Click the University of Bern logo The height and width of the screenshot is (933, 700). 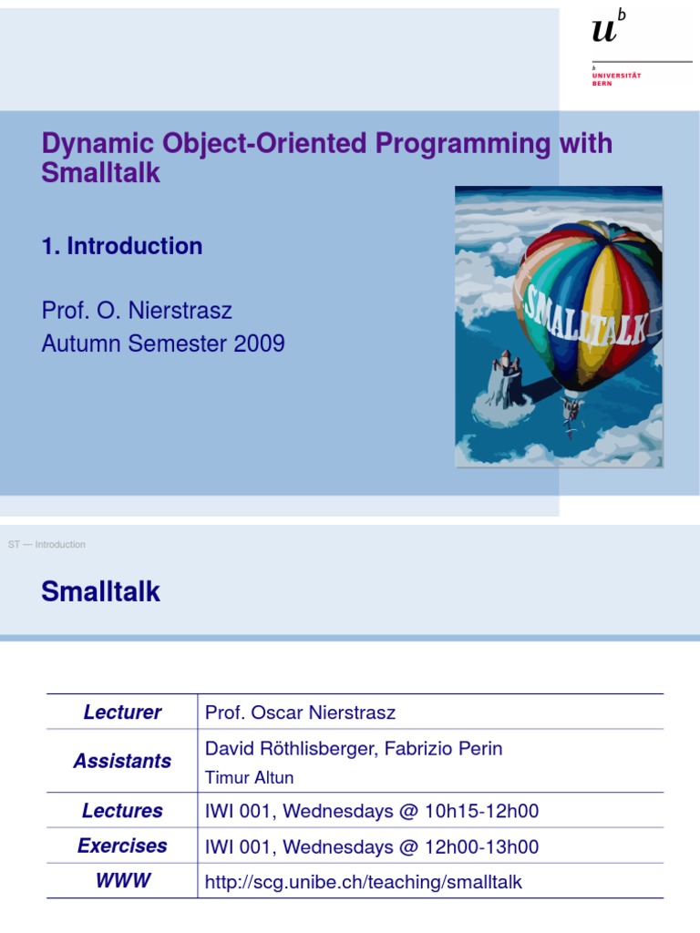coord(615,46)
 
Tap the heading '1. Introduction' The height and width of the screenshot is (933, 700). coord(122,246)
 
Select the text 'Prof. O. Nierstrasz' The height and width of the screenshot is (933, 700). coord(137,311)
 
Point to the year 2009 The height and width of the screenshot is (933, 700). coord(260,343)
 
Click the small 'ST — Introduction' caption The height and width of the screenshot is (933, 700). coord(46,545)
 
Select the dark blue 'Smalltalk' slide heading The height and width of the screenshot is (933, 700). coord(100,592)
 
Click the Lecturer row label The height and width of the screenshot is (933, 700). coord(122,713)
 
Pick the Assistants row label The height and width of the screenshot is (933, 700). coord(122,761)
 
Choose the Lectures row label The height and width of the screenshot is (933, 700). coord(122,811)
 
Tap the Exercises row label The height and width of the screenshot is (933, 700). coord(122,846)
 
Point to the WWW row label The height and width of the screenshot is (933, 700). coord(122,881)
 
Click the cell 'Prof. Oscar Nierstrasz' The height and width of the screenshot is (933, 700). coord(301,713)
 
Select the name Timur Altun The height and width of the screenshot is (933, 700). coord(249,777)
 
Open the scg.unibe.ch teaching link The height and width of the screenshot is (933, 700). coord(364,882)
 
